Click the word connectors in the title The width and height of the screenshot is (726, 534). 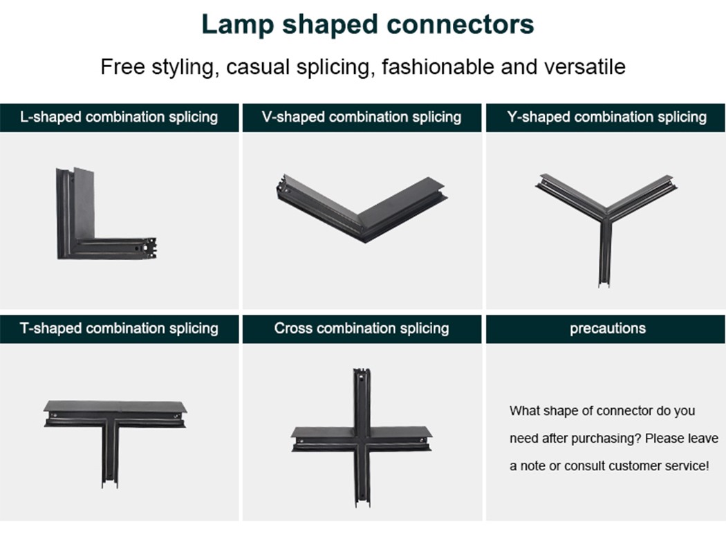460,24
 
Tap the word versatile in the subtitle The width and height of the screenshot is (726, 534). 584,67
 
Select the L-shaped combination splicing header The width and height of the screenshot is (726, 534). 119,117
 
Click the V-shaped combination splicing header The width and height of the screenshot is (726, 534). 362,117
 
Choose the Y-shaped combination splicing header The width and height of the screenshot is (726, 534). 607,117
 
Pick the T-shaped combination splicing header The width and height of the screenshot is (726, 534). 119,328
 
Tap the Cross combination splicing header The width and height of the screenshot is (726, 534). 362,328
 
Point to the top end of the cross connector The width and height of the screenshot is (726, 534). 361,374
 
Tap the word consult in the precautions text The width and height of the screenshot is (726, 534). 586,466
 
